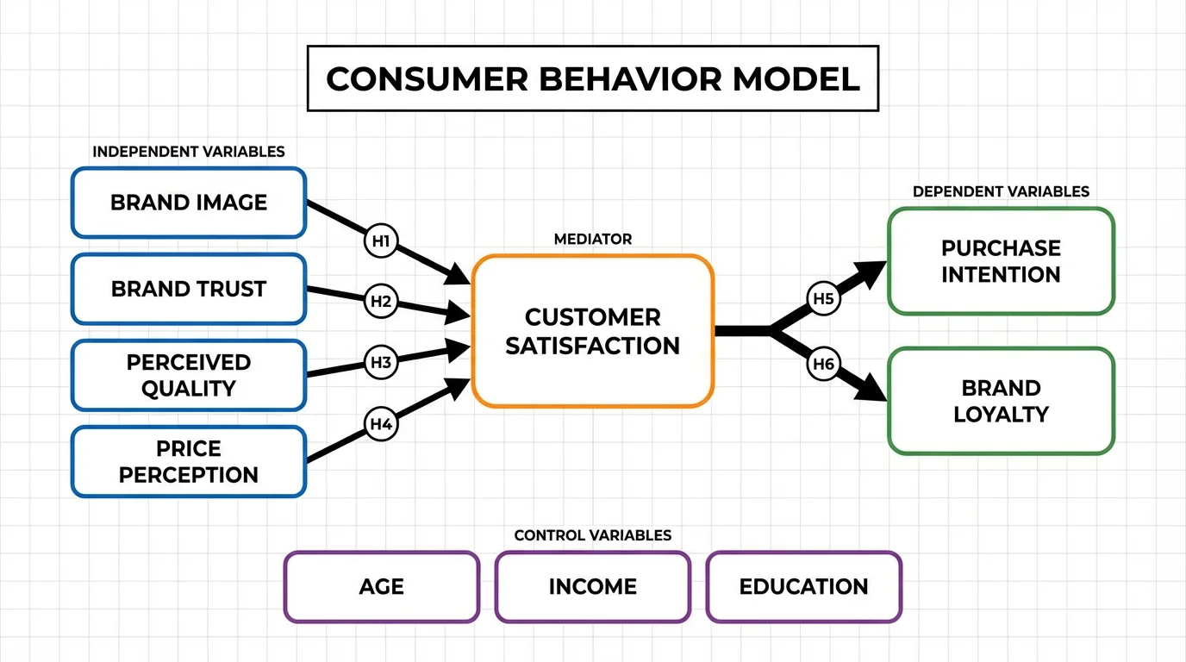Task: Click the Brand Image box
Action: pos(189,203)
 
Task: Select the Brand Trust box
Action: pos(189,289)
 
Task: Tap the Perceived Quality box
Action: pos(189,375)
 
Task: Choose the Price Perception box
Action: pos(189,461)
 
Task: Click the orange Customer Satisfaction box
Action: pos(592,331)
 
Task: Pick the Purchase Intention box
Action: pos(1001,261)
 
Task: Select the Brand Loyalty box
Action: pos(1001,401)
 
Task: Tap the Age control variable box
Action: pos(381,587)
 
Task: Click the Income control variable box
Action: pos(592,587)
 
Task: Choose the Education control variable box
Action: pos(803,587)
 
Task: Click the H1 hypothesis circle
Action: pos(381,241)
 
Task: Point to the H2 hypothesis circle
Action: pos(381,302)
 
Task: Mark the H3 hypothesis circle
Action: pos(381,362)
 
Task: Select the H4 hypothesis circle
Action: pos(381,424)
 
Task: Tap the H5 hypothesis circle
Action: pos(824,299)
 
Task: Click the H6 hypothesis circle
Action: pos(824,365)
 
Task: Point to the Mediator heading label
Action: pos(592,239)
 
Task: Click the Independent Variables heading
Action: pos(189,152)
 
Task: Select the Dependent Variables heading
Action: pos(1001,191)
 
